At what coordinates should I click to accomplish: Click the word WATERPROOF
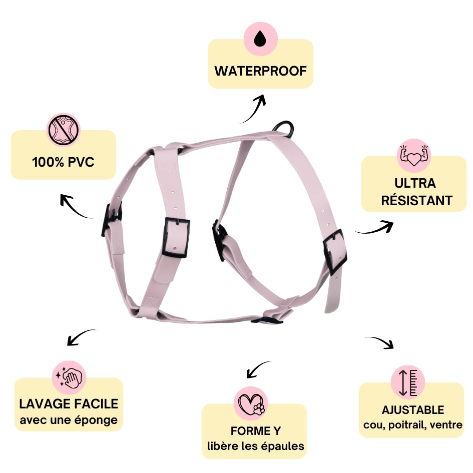click(260, 71)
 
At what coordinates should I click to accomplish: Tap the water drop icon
click(260, 39)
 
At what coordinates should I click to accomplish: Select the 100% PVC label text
click(63, 162)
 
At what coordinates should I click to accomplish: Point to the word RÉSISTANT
click(416, 201)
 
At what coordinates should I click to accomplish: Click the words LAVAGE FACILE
click(69, 403)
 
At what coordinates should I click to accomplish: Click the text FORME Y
click(256, 431)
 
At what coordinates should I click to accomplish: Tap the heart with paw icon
click(251, 403)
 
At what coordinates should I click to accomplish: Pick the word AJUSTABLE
click(413, 410)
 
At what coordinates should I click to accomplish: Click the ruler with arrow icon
click(407, 381)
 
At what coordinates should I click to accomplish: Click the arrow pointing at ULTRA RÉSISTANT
click(375, 228)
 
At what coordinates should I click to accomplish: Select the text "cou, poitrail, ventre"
click(413, 425)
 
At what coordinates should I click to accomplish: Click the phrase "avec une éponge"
click(69, 419)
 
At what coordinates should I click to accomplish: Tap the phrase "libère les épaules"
click(256, 446)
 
